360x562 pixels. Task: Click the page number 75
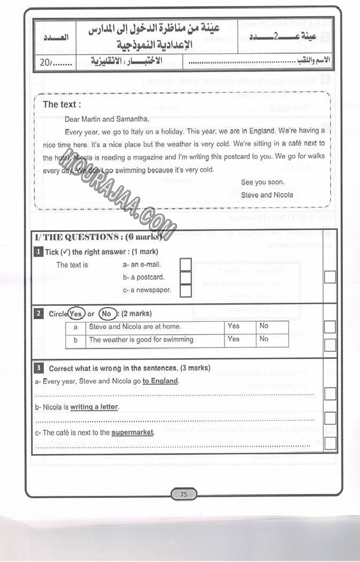point(183,494)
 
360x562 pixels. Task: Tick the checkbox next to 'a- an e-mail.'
point(186,265)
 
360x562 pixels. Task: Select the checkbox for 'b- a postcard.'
point(186,278)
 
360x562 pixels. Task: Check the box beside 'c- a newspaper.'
point(186,290)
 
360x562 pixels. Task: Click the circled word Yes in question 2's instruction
point(76,314)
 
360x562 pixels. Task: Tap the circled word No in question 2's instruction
point(107,314)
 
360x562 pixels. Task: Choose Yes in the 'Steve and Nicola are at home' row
point(234,326)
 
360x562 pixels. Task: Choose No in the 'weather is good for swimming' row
point(264,339)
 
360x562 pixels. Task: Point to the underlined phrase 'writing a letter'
point(94,407)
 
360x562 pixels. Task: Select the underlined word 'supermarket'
point(132,432)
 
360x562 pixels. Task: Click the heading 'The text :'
point(62,105)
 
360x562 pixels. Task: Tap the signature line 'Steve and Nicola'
point(267,195)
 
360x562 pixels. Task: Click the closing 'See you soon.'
point(262,182)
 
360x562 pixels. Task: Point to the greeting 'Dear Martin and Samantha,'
point(107,119)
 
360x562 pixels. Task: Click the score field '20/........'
point(55,62)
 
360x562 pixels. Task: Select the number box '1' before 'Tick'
point(38,252)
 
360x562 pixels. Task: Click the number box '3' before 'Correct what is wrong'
point(38,368)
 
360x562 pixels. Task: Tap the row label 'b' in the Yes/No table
point(76,339)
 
